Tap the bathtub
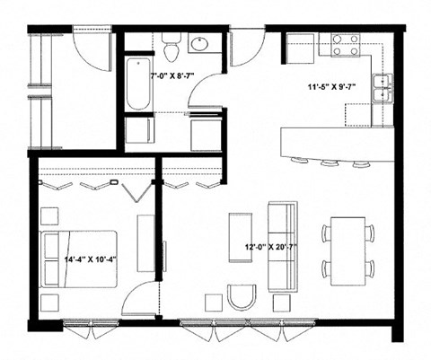tap(138, 84)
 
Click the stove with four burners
tap(347, 45)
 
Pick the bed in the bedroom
tap(79, 259)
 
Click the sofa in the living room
tap(283, 245)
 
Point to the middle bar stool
tap(330, 164)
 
